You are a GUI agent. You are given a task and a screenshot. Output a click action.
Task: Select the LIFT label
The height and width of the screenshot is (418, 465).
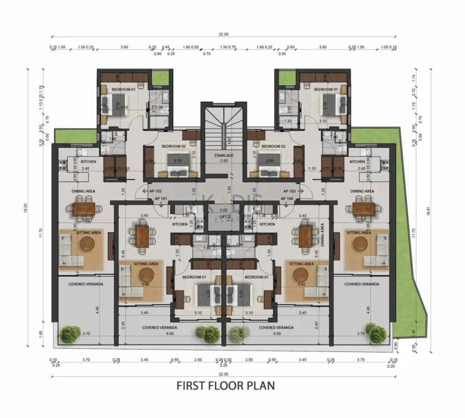pyautogui.click(x=223, y=216)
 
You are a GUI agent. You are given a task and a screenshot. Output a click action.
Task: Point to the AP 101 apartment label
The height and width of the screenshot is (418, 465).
pyautogui.click(x=161, y=199)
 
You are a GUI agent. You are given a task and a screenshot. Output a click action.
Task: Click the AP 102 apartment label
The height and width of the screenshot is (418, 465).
pyautogui.click(x=158, y=191)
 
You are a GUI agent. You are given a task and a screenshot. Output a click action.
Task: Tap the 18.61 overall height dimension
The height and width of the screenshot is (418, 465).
pyautogui.click(x=427, y=211)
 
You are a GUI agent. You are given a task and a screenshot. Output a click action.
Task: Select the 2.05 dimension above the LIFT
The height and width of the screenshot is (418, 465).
pyautogui.click(x=223, y=210)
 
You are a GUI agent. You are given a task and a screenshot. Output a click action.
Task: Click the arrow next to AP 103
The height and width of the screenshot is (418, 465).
pyautogui.click(x=300, y=191)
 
